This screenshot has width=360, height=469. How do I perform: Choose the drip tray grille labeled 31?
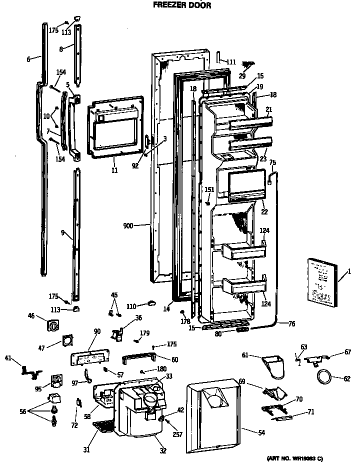pos(104,426)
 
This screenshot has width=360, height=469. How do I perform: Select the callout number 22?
pos(264,212)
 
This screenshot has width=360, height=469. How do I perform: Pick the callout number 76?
pos(291,324)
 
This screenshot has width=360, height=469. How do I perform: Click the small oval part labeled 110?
pos(152,302)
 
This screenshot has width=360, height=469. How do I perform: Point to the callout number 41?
pos(7,357)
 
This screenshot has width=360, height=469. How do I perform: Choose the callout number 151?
pos(210,189)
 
